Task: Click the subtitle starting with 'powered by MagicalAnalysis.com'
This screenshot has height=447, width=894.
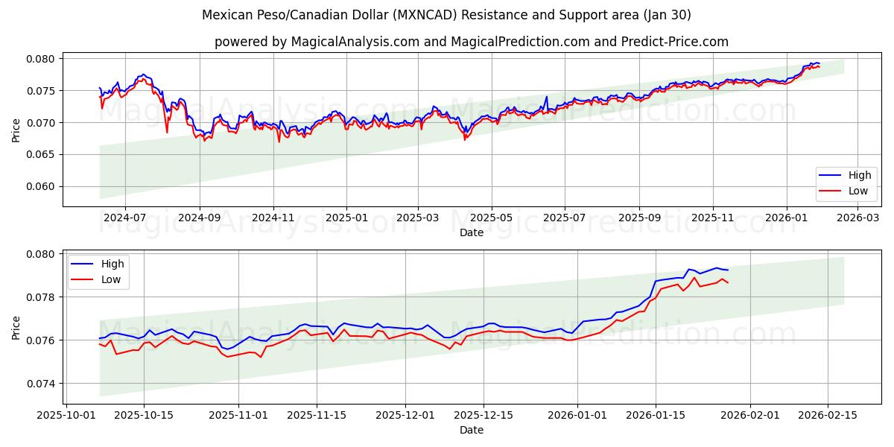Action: coord(471,42)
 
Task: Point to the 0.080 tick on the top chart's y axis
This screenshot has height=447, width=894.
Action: coord(41,59)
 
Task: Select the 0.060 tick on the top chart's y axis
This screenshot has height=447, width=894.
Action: coord(41,186)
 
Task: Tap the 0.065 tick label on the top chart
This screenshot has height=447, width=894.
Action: coord(41,154)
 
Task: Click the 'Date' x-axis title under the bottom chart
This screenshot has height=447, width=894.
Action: coord(471,430)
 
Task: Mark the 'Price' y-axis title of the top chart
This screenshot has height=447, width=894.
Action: coord(16,129)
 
